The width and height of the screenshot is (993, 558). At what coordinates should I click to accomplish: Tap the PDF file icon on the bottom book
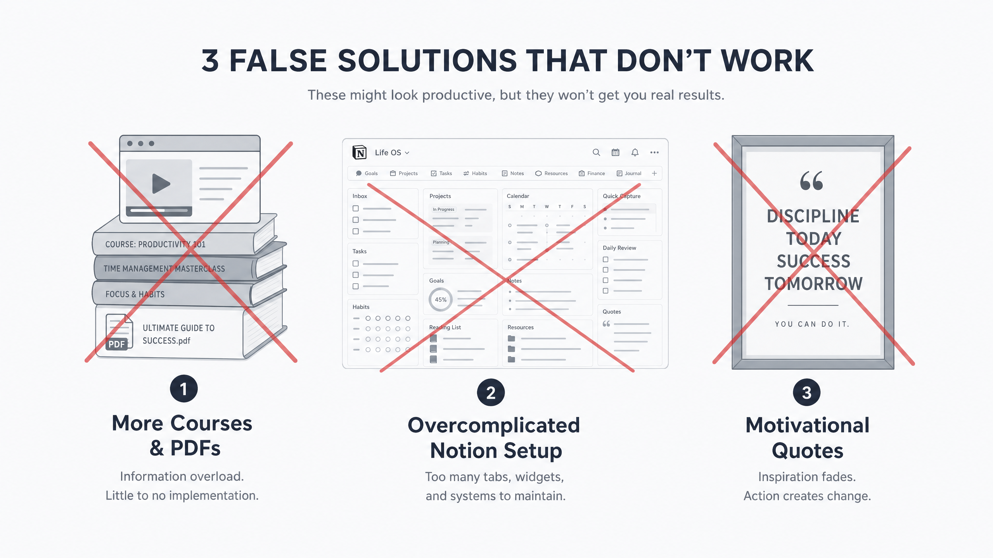119,332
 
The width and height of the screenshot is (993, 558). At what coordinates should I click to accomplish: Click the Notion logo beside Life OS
360,153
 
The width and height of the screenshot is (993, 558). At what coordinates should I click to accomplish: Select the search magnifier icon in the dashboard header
596,153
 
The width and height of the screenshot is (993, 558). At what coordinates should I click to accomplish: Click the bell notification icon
635,153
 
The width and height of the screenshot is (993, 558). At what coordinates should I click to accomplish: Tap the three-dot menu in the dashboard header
654,153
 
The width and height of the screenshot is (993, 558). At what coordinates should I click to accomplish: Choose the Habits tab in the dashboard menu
475,173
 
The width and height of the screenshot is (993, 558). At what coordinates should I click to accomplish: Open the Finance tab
592,173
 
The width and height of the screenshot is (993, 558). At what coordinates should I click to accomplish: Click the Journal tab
629,173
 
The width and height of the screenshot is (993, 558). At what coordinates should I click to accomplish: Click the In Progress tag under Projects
443,209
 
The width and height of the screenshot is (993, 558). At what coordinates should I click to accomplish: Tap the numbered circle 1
184,389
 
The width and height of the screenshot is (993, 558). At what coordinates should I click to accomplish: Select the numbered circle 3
807,392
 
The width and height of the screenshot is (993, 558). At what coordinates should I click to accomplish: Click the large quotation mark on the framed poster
811,181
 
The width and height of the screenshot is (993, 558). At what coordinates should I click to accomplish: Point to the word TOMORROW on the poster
813,284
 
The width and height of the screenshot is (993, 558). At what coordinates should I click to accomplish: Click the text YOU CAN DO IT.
812,324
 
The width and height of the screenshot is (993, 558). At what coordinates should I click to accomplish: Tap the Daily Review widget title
619,248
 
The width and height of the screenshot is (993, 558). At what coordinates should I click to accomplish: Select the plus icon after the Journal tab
654,173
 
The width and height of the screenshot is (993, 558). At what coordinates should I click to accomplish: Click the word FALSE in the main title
278,60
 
